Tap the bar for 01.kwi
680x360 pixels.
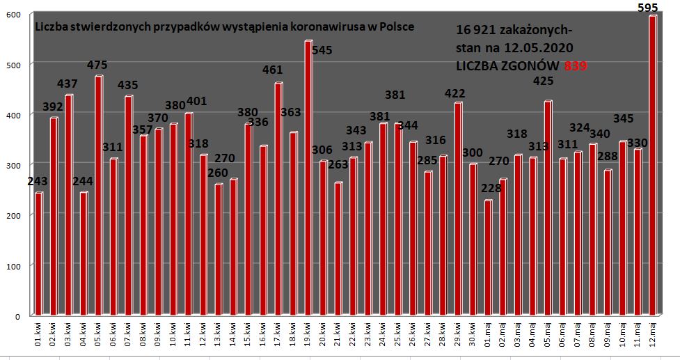(39, 253)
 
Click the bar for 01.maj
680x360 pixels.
(488, 258)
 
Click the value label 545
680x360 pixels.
(322, 49)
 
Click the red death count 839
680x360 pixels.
(575, 65)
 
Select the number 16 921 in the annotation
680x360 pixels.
(475, 31)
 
